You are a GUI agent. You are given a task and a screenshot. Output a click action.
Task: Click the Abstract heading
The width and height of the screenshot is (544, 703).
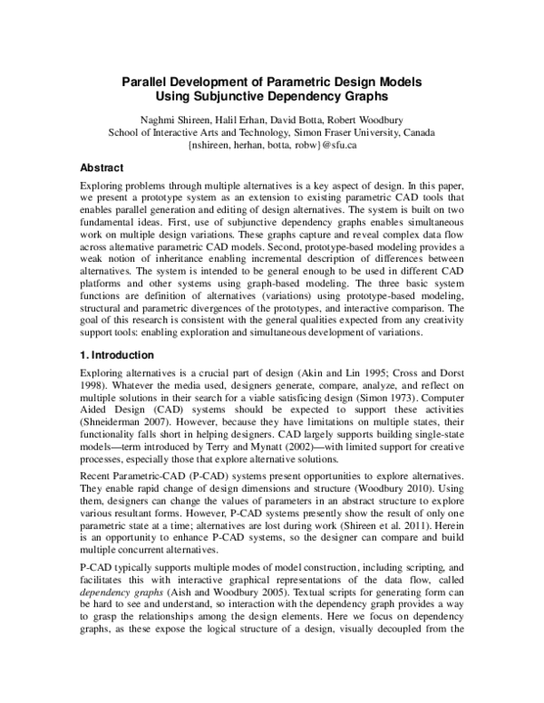(x=102, y=168)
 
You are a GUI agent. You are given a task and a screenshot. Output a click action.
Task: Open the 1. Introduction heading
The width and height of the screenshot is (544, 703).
(x=118, y=355)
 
